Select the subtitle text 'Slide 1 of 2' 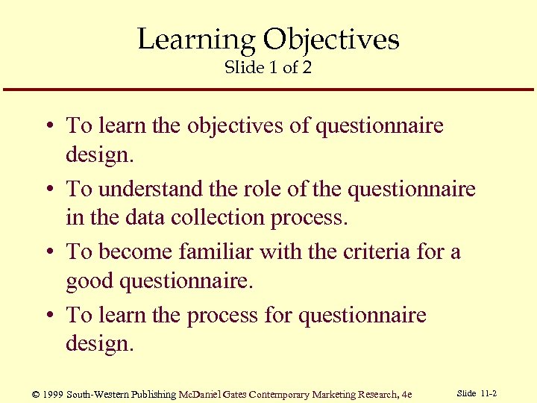click(x=268, y=67)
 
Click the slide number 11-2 click(x=489, y=393)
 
